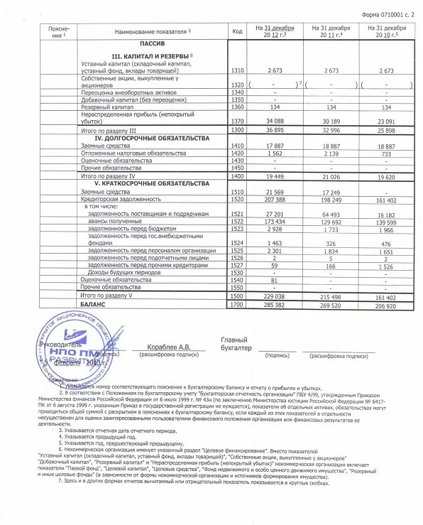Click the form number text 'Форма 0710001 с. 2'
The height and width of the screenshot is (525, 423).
click(383, 13)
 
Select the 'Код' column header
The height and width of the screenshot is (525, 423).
click(238, 31)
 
